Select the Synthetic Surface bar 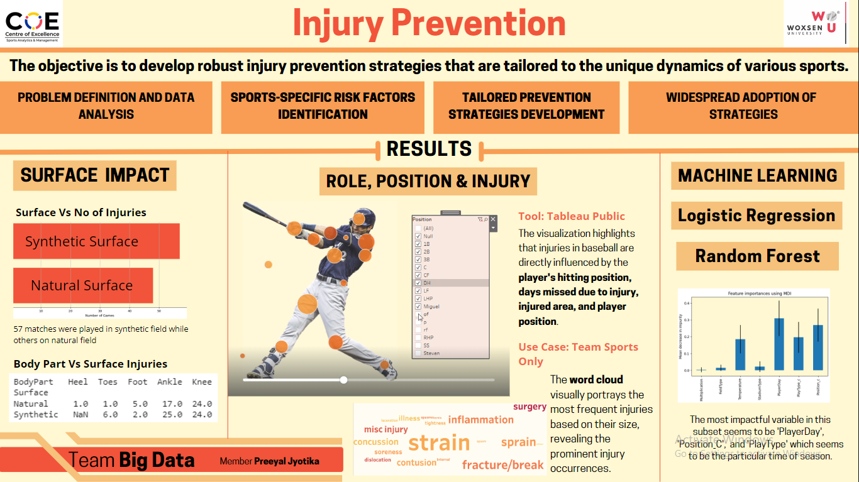pyautogui.click(x=96, y=241)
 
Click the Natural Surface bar pyautogui.click(x=83, y=285)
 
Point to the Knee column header pyautogui.click(x=201, y=381)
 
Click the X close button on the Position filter pyautogui.click(x=493, y=219)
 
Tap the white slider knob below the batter pyautogui.click(x=343, y=380)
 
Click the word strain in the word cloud pyautogui.click(x=439, y=443)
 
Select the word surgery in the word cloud pyautogui.click(x=529, y=407)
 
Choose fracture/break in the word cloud pyautogui.click(x=502, y=465)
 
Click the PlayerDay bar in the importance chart pyautogui.click(x=779, y=344)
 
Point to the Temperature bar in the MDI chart pyautogui.click(x=740, y=354)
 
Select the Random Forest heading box pyautogui.click(x=757, y=256)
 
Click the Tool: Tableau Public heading pyautogui.click(x=572, y=216)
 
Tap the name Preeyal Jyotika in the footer pyautogui.click(x=286, y=461)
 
